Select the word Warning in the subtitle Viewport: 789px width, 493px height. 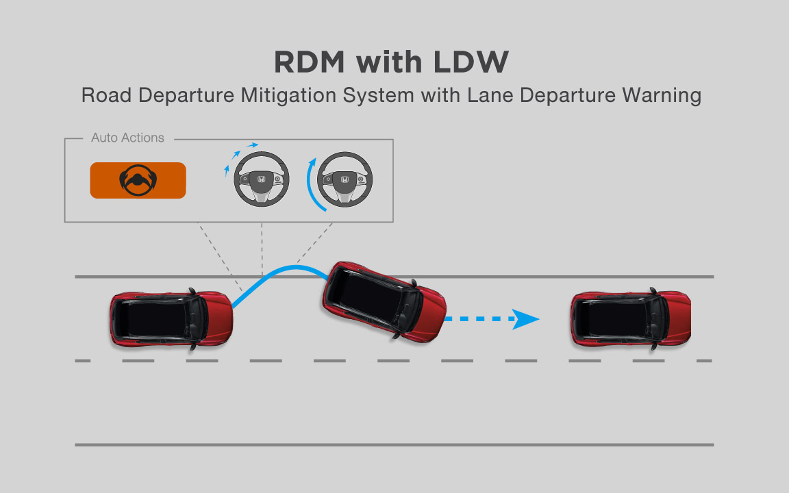tap(662, 95)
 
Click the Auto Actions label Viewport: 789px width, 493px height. tap(127, 138)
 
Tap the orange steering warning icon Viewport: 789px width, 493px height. tap(138, 180)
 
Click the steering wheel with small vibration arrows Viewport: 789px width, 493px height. tap(262, 179)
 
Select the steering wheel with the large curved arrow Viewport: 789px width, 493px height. tap(345, 179)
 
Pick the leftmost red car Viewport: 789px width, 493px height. tap(171, 320)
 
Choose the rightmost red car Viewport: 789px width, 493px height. tap(631, 320)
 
